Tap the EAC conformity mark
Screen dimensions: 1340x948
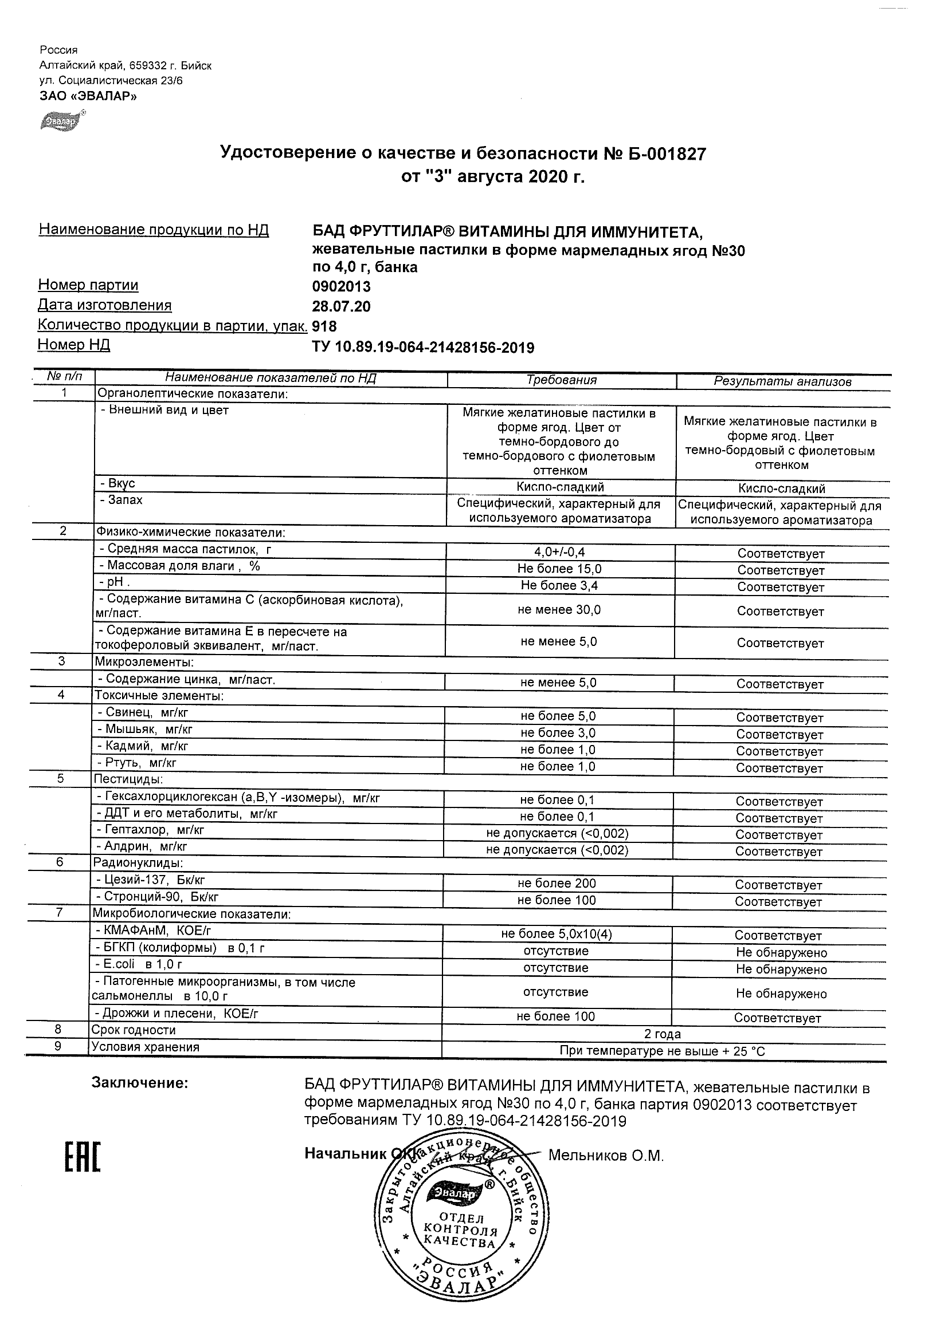83,1157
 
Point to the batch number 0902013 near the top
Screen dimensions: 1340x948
342,286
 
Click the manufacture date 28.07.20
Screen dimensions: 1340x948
342,306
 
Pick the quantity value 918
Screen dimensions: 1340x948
325,326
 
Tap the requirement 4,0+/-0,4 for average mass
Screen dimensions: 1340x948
560,551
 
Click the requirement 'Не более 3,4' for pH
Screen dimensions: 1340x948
559,585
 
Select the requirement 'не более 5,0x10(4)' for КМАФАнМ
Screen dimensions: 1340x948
557,935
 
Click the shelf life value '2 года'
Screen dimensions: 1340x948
663,1034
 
